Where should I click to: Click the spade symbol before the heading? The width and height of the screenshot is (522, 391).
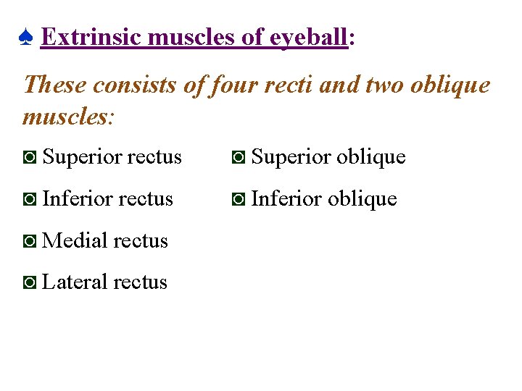tap(25, 38)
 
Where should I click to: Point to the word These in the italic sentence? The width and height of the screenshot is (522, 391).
tap(55, 85)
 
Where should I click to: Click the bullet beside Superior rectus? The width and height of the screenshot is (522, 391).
tap(30, 157)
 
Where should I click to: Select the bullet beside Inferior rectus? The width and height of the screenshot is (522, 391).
tap(30, 199)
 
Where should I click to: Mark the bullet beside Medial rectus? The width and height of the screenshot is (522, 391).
tap(30, 241)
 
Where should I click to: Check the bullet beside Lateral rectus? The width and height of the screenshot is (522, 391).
tap(30, 282)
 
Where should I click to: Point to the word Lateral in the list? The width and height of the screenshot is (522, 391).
tap(75, 282)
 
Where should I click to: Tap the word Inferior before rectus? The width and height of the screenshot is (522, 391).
tap(75, 198)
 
